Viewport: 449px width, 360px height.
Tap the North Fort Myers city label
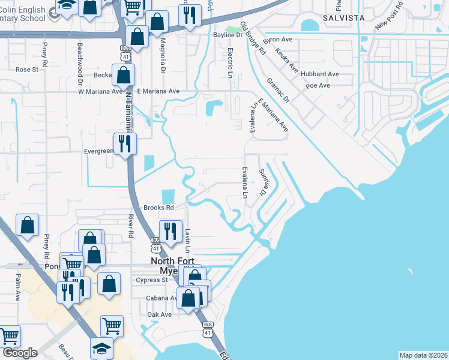pos(172,265)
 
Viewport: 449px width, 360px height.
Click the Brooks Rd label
pos(158,208)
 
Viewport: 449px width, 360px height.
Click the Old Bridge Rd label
pos(252,39)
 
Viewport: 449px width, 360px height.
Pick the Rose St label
pos(27,70)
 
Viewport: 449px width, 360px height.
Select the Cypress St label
pos(152,280)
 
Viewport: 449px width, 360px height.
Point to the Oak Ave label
pos(160,314)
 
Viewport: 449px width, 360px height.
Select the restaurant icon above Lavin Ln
pos(170,230)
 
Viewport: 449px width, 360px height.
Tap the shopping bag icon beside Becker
pos(123,75)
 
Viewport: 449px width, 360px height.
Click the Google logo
pos(20,353)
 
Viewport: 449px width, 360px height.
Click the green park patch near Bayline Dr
pos(234,29)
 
